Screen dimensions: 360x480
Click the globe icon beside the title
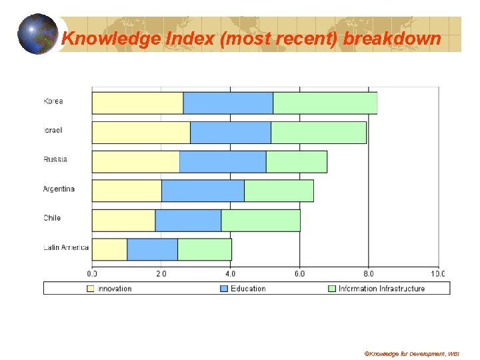point(38,34)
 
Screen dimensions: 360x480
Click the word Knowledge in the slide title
point(104,39)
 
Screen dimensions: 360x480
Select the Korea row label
point(53,101)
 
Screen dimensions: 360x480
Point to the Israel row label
point(53,131)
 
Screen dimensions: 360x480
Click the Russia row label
point(55,160)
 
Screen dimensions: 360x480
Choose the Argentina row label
point(59,189)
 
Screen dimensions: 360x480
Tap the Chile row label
point(52,218)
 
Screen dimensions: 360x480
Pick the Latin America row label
point(65,247)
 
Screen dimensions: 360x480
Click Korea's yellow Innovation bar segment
point(137,103)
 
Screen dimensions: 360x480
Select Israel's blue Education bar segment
point(230,133)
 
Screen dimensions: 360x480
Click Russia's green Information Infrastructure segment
point(296,162)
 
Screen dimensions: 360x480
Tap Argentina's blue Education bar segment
point(203,191)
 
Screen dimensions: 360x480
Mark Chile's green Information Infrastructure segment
point(260,221)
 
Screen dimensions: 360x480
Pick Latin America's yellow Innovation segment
point(109,249)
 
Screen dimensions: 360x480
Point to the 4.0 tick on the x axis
point(230,273)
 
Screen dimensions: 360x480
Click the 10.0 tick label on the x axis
point(437,273)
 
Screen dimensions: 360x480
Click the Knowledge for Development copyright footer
point(411,353)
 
